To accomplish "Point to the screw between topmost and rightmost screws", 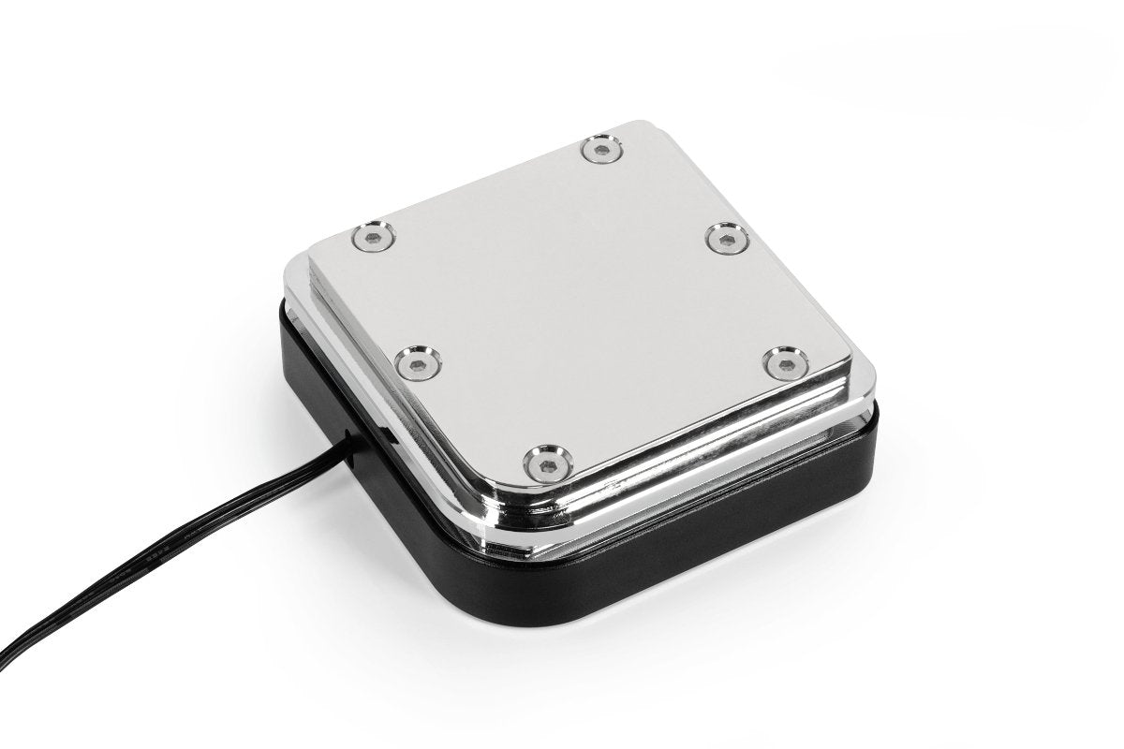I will [723, 239].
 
